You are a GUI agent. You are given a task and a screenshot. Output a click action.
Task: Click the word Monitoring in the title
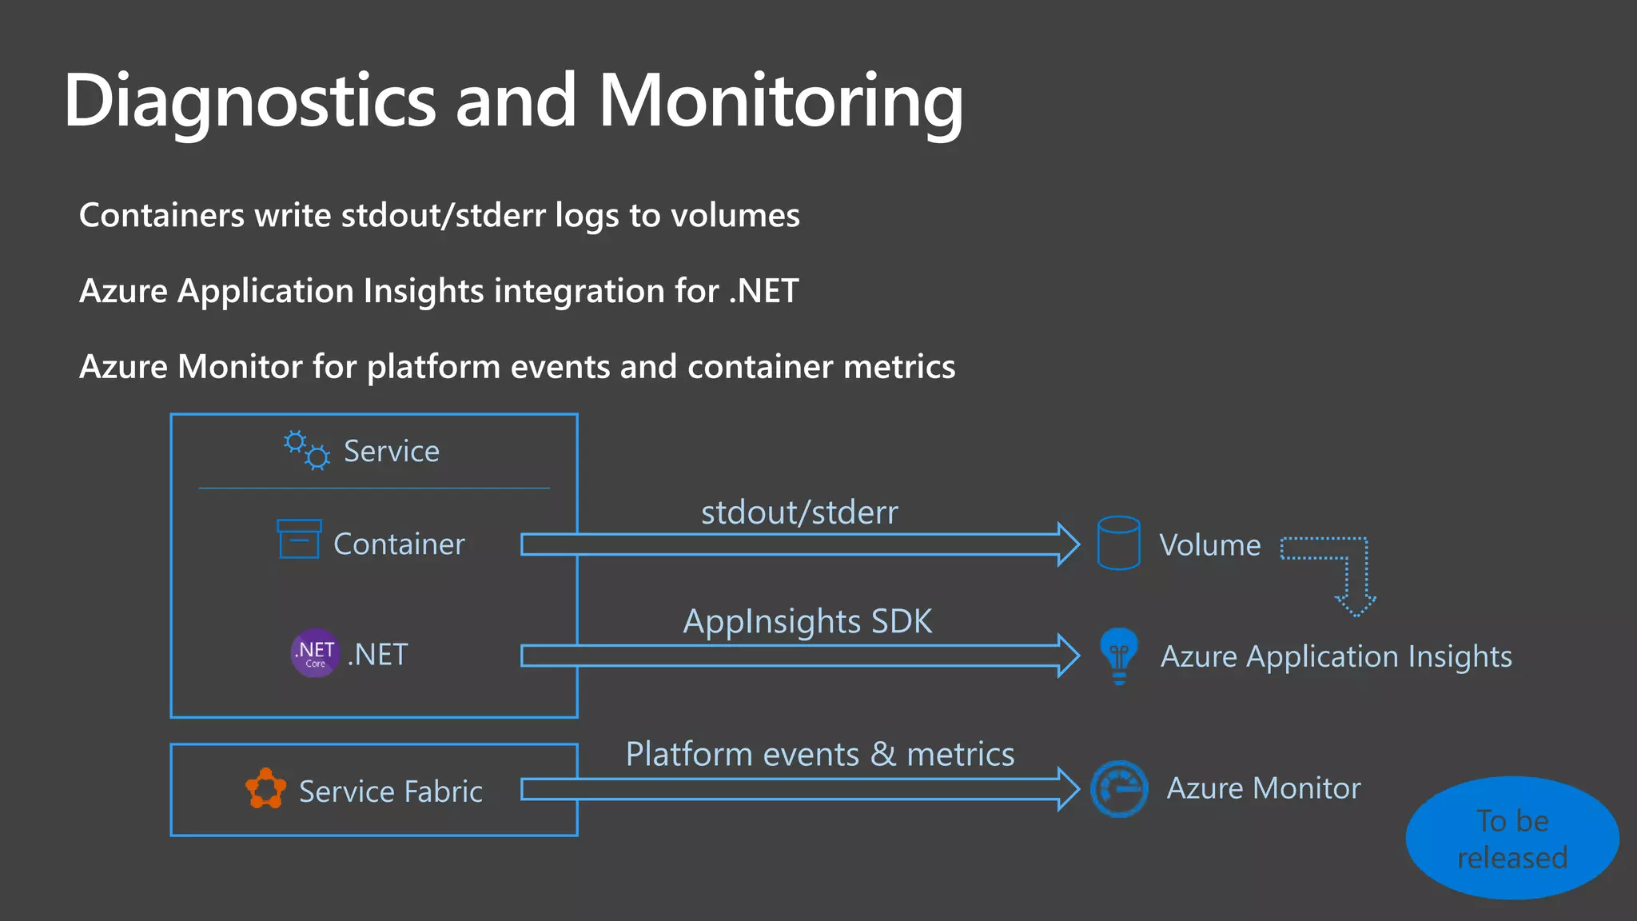780,101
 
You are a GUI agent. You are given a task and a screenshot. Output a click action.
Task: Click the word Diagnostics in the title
249,101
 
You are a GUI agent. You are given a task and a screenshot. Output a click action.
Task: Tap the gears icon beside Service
307,451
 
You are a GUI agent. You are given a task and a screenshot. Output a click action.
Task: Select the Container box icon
299,539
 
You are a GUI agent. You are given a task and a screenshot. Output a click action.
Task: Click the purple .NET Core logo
315,653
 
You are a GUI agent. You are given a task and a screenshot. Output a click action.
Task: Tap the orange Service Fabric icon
265,789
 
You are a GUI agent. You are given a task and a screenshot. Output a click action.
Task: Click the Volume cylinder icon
1118,543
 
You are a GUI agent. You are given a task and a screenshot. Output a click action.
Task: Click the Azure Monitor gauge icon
1119,789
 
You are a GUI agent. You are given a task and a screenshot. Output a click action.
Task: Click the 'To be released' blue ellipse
1512,838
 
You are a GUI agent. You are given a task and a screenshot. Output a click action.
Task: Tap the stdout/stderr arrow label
799,512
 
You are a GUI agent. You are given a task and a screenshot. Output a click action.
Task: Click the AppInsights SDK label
807,621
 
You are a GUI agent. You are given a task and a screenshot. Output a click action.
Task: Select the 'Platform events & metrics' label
820,754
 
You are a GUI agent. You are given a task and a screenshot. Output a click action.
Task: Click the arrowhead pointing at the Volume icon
1068,544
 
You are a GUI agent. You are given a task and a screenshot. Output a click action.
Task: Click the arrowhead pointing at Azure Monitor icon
1068,789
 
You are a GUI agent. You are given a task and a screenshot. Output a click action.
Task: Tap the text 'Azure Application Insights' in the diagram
1336,656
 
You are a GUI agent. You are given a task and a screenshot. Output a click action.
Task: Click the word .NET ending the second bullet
763,291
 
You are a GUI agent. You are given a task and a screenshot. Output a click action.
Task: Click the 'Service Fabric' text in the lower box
390,791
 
